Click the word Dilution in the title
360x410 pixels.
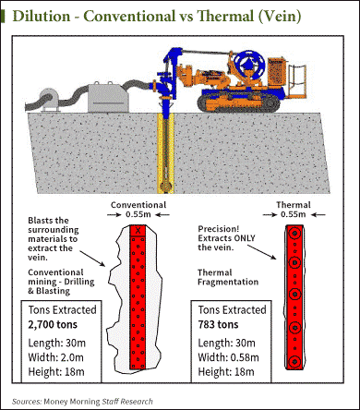coord(42,16)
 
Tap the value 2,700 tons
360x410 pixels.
coord(53,324)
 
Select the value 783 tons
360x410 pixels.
coord(218,324)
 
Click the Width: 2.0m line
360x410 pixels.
coord(55,357)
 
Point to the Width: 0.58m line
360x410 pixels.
coord(228,357)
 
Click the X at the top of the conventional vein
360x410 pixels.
coord(138,231)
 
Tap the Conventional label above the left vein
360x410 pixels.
coord(138,205)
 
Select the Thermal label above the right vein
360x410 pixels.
coord(294,205)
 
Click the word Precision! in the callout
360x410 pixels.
coord(219,229)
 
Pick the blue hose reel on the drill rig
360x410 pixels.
coord(249,64)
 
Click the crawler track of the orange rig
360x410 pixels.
coord(239,102)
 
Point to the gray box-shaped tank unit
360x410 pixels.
coord(108,97)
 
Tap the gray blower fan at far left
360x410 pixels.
coord(48,99)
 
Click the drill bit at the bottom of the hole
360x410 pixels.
coord(166,186)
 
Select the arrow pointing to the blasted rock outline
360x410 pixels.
coord(92,259)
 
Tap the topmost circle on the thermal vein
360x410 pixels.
coord(294,234)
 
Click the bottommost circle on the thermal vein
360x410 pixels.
coord(294,361)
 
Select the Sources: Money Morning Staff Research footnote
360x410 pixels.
coord(82,402)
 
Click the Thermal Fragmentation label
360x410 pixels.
coord(228,277)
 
